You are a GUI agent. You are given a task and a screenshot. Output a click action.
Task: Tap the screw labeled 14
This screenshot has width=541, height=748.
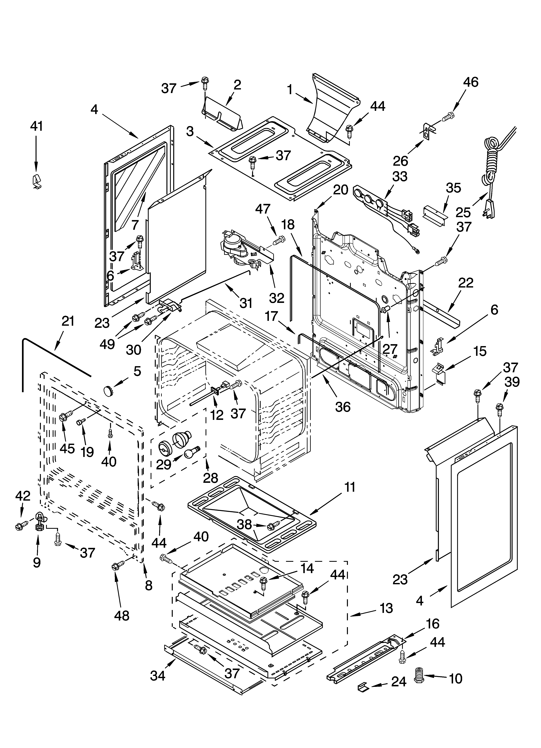coord(264,583)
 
